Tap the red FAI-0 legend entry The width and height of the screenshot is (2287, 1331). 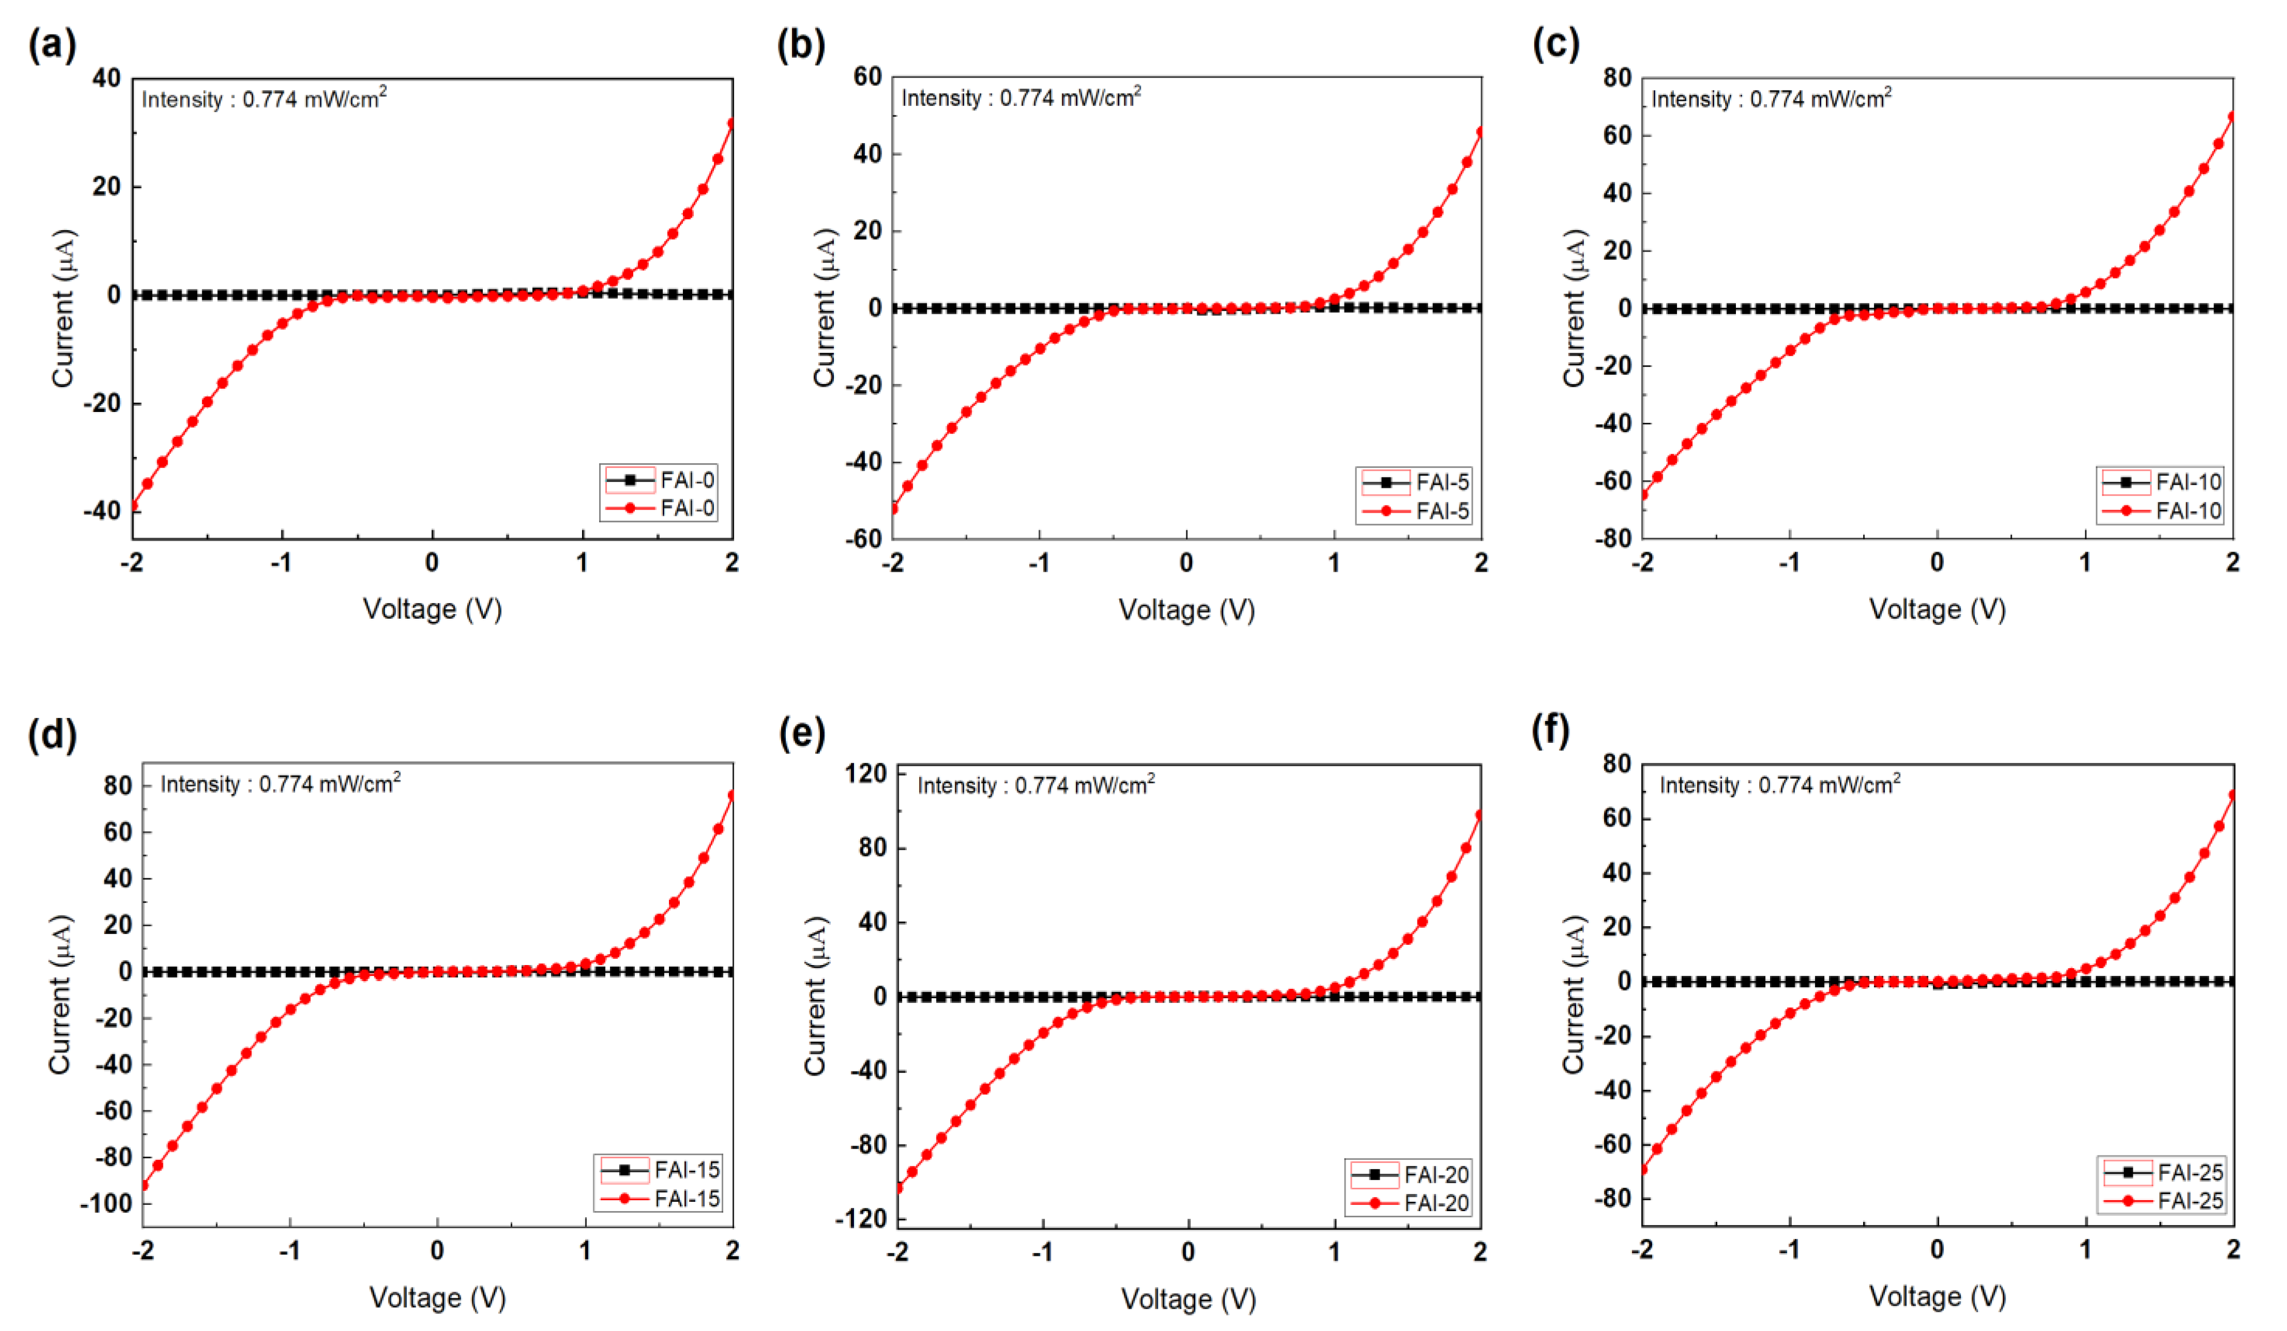click(660, 508)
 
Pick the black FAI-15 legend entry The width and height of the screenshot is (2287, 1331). click(660, 1170)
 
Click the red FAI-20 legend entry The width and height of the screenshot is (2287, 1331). click(1409, 1203)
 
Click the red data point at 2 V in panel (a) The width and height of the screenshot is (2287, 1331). click(731, 124)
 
